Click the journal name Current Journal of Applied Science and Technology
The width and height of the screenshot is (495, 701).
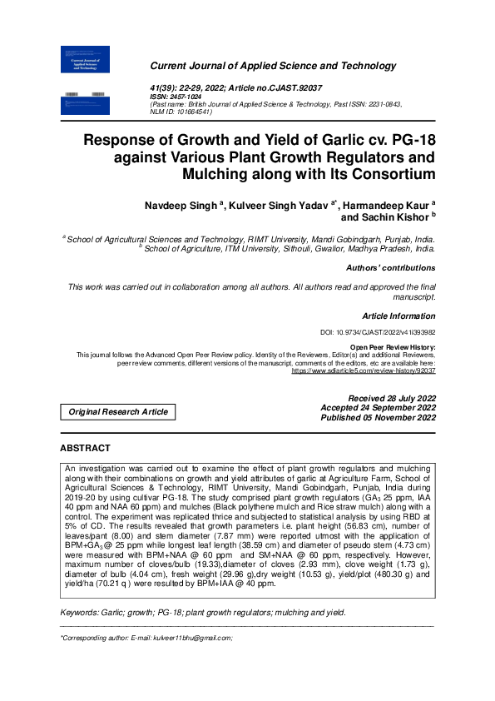coord(273,66)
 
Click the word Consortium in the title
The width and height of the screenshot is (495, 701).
coord(384,174)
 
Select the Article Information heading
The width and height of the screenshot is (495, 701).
coord(398,316)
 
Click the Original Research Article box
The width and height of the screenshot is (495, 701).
coord(118,412)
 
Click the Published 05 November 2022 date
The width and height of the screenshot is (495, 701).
coord(379,418)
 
